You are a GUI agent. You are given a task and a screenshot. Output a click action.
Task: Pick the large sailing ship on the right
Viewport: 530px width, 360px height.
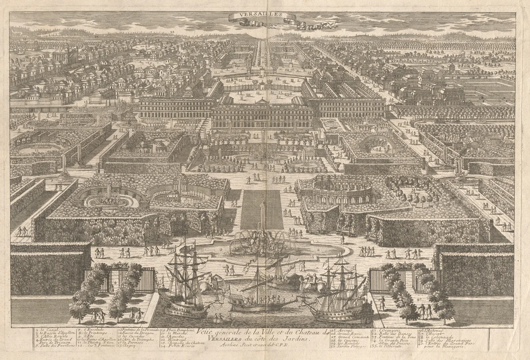pyautogui.click(x=340, y=292)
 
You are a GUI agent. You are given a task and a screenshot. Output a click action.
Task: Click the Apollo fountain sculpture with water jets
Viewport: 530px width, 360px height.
pyautogui.click(x=261, y=241)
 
